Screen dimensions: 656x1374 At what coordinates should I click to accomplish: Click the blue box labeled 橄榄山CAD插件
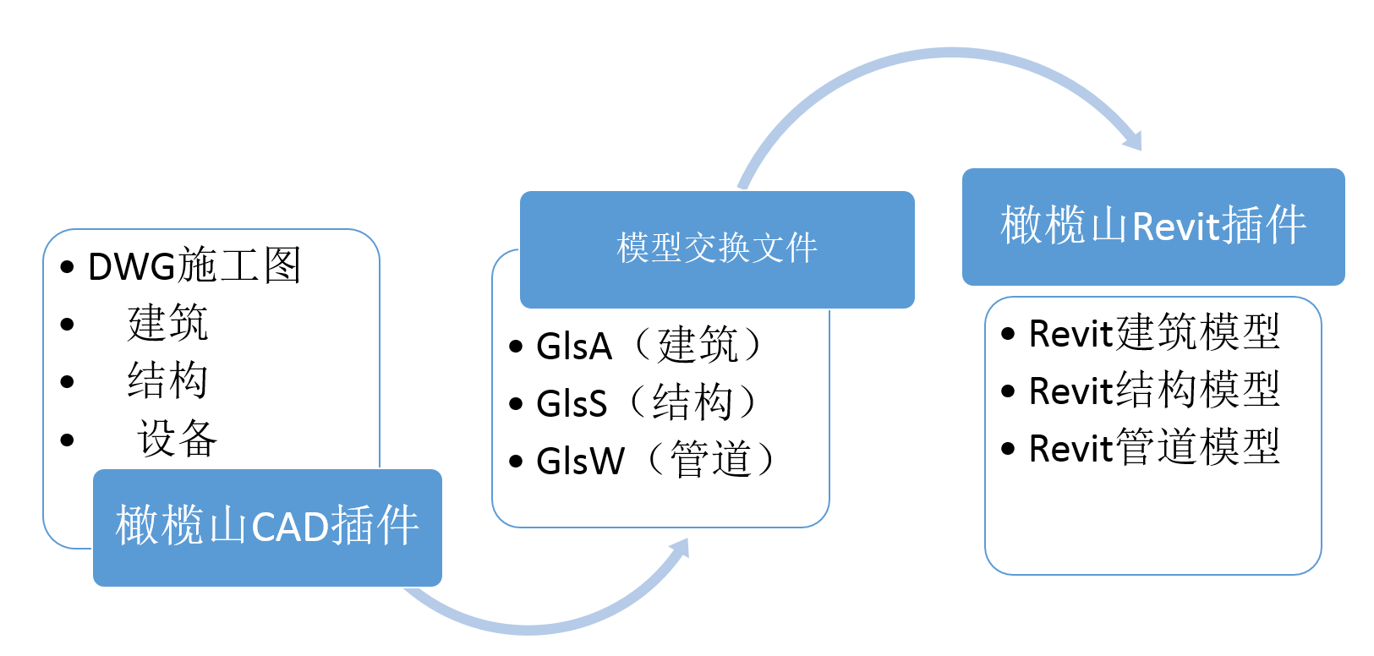[x=267, y=527]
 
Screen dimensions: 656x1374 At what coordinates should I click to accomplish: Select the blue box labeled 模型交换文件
[x=716, y=249]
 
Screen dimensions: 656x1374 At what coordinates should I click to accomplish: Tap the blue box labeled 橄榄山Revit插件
[x=1152, y=227]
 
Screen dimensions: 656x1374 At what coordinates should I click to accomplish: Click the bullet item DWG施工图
[x=194, y=266]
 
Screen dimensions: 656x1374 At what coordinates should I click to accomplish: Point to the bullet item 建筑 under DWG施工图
[x=167, y=324]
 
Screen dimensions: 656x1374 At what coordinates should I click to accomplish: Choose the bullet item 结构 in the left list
[x=167, y=381]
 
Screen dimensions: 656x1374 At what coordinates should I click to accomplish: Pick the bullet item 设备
[x=177, y=439]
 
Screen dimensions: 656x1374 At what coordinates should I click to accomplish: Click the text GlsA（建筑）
[x=649, y=346]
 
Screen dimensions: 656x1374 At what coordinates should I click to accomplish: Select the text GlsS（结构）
[x=648, y=403]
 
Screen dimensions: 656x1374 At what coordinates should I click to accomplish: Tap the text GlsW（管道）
[x=656, y=461]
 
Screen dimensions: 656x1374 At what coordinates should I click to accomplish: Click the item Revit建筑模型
[x=1153, y=333]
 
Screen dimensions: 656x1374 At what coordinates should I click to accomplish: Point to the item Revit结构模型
[x=1153, y=391]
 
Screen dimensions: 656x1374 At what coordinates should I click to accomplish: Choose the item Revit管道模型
[x=1153, y=448]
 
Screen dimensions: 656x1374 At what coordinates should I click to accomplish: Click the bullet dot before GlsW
[x=516, y=462]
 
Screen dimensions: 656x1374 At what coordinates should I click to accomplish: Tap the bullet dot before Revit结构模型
[x=1008, y=391]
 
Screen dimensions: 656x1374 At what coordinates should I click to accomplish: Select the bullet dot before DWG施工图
[x=68, y=267]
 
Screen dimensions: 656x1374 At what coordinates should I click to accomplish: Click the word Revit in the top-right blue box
[x=1176, y=227]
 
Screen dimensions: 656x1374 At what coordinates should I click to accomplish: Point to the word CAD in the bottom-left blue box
[x=290, y=528]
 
